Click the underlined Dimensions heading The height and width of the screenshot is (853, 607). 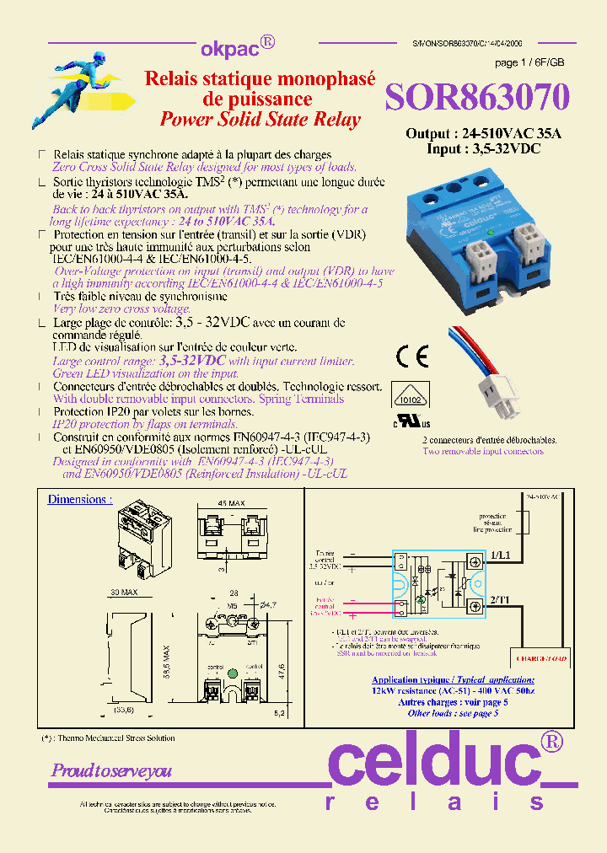(79, 499)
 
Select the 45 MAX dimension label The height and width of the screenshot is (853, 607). (230, 503)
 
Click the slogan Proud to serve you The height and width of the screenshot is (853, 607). (111, 770)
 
